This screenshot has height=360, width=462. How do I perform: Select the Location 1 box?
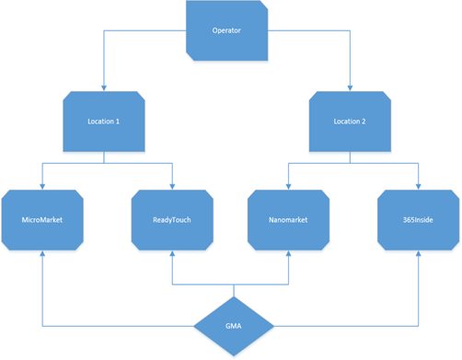tap(104, 121)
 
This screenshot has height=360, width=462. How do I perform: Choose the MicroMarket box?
tap(43, 220)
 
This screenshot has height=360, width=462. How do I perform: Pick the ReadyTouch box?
tap(172, 220)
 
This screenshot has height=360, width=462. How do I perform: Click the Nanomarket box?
tap(289, 220)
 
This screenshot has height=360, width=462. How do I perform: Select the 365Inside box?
tap(418, 220)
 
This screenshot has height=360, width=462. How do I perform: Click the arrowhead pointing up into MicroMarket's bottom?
tap(43, 254)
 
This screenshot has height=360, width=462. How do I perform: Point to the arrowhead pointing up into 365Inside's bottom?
tap(418, 254)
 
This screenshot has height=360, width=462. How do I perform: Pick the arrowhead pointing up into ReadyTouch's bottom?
tap(172, 254)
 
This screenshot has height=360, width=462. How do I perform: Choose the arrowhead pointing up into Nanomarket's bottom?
tap(289, 254)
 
